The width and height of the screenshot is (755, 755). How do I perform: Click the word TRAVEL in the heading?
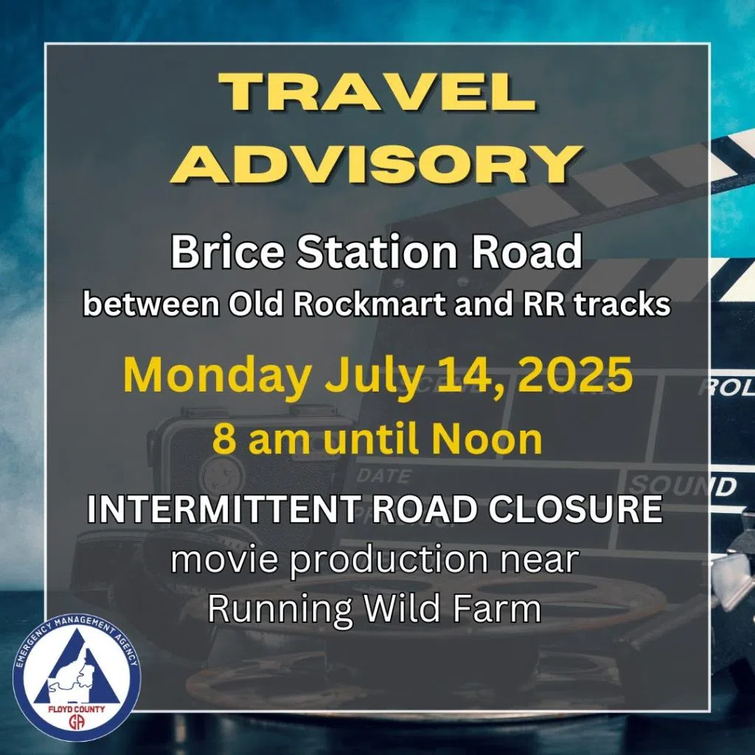click(x=377, y=92)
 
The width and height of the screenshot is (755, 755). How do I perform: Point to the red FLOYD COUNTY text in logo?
click(x=77, y=709)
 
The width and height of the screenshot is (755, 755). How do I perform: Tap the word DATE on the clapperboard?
click(x=383, y=476)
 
